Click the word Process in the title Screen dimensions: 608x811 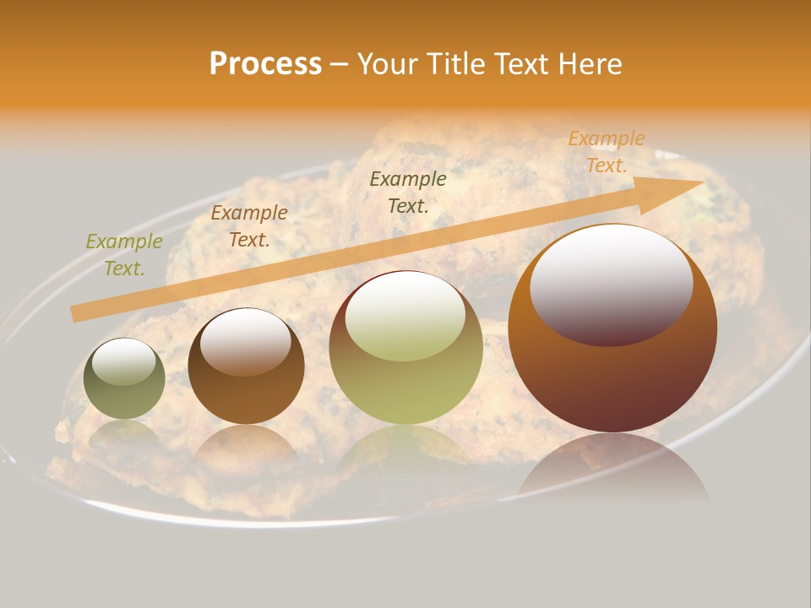point(265,64)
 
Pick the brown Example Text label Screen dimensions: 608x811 point(249,226)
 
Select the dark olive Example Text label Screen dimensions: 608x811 point(408,193)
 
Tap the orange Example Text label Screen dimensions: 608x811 point(607,152)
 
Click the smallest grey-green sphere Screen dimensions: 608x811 point(124,393)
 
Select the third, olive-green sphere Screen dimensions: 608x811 point(406,380)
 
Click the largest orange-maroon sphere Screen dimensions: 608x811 point(612,372)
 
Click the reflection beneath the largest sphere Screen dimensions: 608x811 point(612,473)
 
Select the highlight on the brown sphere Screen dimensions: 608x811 point(246,339)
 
